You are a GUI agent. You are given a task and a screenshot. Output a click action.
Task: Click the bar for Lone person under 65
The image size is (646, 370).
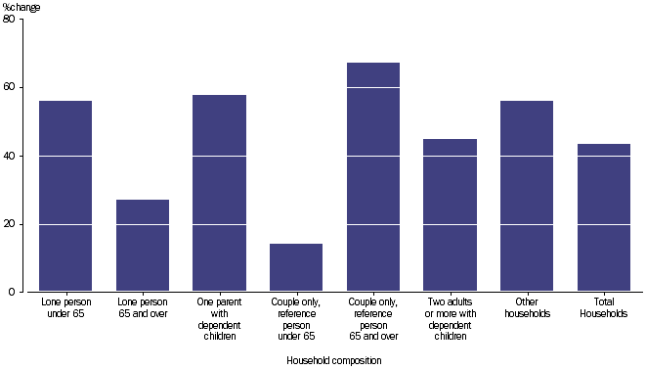pyautogui.click(x=65, y=196)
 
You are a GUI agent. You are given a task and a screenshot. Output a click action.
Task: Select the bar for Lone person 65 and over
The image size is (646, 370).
pyautogui.click(x=143, y=246)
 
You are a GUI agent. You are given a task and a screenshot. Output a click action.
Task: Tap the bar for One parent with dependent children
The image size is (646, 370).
pyautogui.click(x=219, y=193)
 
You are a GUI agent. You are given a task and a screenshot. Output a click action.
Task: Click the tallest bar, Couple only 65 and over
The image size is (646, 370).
pyautogui.click(x=373, y=177)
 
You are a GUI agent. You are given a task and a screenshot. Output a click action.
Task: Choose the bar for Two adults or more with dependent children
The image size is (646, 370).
pyautogui.click(x=450, y=215)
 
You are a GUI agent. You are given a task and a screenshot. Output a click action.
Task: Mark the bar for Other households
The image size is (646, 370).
pyautogui.click(x=527, y=196)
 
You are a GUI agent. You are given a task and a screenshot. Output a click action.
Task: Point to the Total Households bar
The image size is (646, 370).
pyautogui.click(x=603, y=217)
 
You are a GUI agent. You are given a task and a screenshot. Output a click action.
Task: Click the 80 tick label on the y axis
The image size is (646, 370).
pyautogui.click(x=10, y=20)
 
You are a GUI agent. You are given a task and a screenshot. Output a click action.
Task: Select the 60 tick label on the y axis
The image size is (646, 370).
pyautogui.click(x=10, y=87)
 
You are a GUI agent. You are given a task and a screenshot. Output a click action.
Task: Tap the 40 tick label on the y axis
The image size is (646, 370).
pyautogui.click(x=10, y=156)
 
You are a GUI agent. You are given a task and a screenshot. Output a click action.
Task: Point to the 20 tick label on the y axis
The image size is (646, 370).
pyautogui.click(x=10, y=224)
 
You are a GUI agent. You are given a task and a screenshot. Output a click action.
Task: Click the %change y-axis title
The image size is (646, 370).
pyautogui.click(x=21, y=6)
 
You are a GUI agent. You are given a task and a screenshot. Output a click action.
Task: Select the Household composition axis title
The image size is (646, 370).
pyautogui.click(x=334, y=360)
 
